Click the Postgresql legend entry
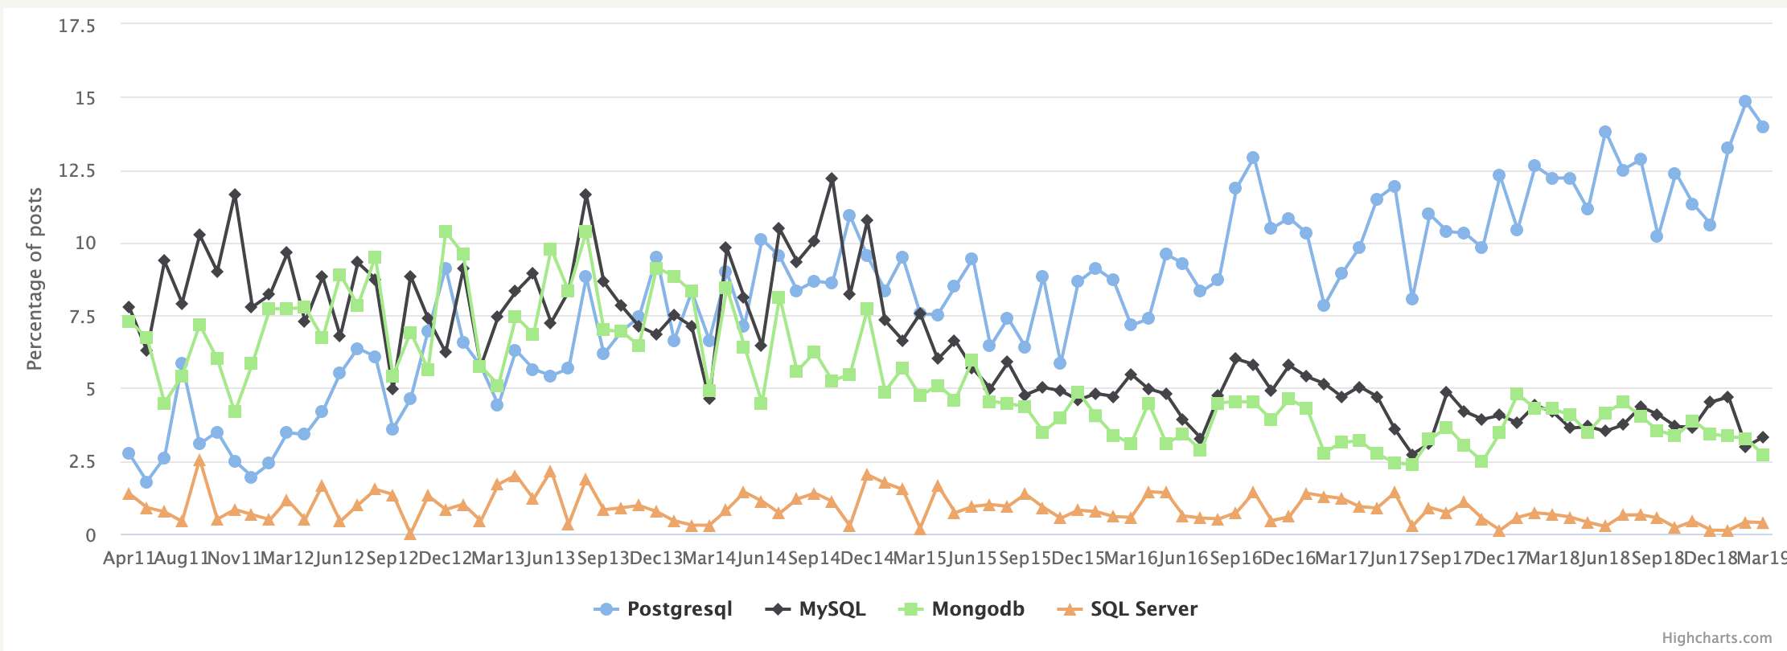[x=678, y=609]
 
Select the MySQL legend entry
[x=832, y=609]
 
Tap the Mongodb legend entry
[x=977, y=609]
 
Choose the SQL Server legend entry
[x=1143, y=609]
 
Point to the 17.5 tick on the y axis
[x=76, y=27]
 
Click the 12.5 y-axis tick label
[x=76, y=170]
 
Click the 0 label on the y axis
[x=90, y=535]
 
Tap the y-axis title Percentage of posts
[x=35, y=279]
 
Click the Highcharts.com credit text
[x=1716, y=638]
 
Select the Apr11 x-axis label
[x=129, y=559]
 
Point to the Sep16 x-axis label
[x=1235, y=559]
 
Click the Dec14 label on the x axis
[x=867, y=559]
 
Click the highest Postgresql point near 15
[x=1744, y=102]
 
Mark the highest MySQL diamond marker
[x=832, y=178]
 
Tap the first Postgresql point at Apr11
[x=129, y=453]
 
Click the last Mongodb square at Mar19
[x=1762, y=455]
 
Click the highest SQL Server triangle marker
[x=199, y=461]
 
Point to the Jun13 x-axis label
[x=550, y=559]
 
